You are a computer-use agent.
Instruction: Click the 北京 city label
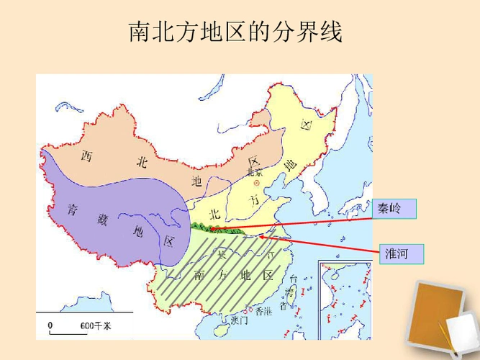click(255, 173)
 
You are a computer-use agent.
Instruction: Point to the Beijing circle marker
click(255, 183)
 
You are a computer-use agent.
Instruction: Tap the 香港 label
click(262, 311)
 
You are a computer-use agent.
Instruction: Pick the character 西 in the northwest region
click(87, 156)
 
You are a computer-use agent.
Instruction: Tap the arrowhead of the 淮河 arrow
click(262, 235)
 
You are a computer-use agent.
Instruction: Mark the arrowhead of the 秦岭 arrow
click(213, 228)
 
